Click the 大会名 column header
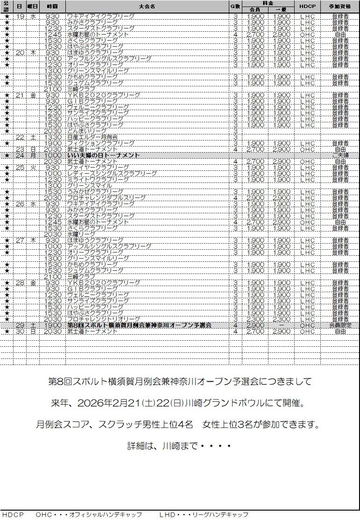click(x=147, y=7)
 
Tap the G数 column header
click(x=235, y=7)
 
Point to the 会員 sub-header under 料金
click(x=254, y=9)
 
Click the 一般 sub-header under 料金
click(x=281, y=9)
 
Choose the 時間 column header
click(x=52, y=7)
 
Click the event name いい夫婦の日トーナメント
click(x=104, y=155)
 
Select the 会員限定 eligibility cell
click(x=340, y=325)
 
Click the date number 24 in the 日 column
click(x=20, y=155)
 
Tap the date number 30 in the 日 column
click(x=20, y=331)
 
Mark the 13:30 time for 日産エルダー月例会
click(x=52, y=137)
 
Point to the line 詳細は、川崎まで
click(x=179, y=445)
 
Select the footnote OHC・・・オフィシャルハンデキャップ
click(x=89, y=514)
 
